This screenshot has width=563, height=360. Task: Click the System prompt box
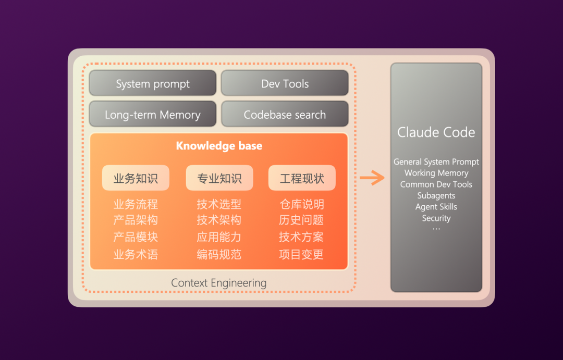(x=153, y=84)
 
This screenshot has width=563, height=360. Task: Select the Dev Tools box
(x=285, y=84)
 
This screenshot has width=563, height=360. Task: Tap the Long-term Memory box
(x=153, y=115)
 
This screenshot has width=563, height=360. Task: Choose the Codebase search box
(x=285, y=115)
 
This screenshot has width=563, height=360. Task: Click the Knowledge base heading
(x=219, y=146)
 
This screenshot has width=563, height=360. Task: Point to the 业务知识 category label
(x=136, y=178)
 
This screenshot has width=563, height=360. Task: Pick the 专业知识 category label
(x=219, y=178)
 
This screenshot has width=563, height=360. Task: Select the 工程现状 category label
(x=302, y=178)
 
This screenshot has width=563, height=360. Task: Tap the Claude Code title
(x=436, y=132)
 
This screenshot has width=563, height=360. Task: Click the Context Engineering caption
(x=219, y=283)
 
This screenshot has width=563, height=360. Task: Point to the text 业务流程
(x=136, y=204)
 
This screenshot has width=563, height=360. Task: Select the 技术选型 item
(x=219, y=204)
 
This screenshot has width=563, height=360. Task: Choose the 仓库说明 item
(x=302, y=204)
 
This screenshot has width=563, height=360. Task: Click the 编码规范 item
(x=219, y=255)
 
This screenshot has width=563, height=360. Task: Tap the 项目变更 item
(x=301, y=255)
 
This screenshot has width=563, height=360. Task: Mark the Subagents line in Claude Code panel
(x=436, y=196)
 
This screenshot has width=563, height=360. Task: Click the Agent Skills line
(x=436, y=207)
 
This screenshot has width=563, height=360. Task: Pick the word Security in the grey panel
(x=436, y=218)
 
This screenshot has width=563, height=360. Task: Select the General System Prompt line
(x=436, y=162)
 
